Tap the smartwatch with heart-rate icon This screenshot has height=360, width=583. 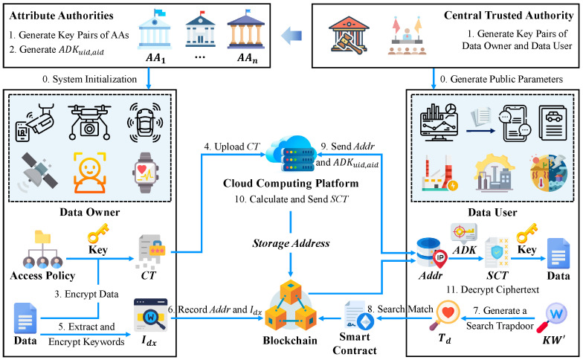coord(146,173)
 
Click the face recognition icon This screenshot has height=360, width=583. coord(89,173)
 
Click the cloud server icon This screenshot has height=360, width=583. coord(291,153)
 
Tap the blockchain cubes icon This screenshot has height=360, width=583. coord(290,306)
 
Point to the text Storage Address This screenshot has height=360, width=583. coord(291,243)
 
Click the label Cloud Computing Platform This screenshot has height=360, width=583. coord(291,183)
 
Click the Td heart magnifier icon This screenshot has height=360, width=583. coord(445,315)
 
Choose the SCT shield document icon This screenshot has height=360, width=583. coord(497,253)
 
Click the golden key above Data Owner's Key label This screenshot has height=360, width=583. coord(98,234)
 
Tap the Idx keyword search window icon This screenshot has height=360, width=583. coord(150,315)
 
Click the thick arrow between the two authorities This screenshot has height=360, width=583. coord(291,36)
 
